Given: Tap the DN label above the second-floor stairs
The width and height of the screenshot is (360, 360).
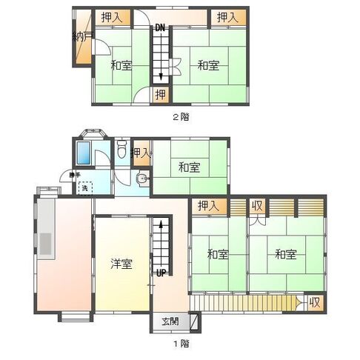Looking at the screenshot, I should [x=159, y=28].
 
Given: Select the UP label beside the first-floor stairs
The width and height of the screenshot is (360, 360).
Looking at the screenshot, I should [x=160, y=272].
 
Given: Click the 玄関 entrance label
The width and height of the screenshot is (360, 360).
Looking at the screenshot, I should [x=170, y=321].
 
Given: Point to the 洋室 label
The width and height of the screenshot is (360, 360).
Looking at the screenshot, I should [x=122, y=264].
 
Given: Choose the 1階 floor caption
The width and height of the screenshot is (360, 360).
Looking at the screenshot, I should [x=181, y=344].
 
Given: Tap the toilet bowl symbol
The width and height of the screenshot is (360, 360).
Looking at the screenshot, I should [x=123, y=152].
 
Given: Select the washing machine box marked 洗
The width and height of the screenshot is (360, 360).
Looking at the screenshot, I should [x=87, y=188].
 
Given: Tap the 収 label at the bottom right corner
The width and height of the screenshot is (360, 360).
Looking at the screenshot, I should [x=314, y=302].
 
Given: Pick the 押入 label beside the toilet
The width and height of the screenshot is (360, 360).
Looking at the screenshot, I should [x=141, y=153].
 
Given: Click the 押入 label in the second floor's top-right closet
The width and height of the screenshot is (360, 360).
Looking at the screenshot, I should [x=226, y=17].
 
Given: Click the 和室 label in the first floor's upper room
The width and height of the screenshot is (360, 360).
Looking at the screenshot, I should [x=190, y=167].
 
